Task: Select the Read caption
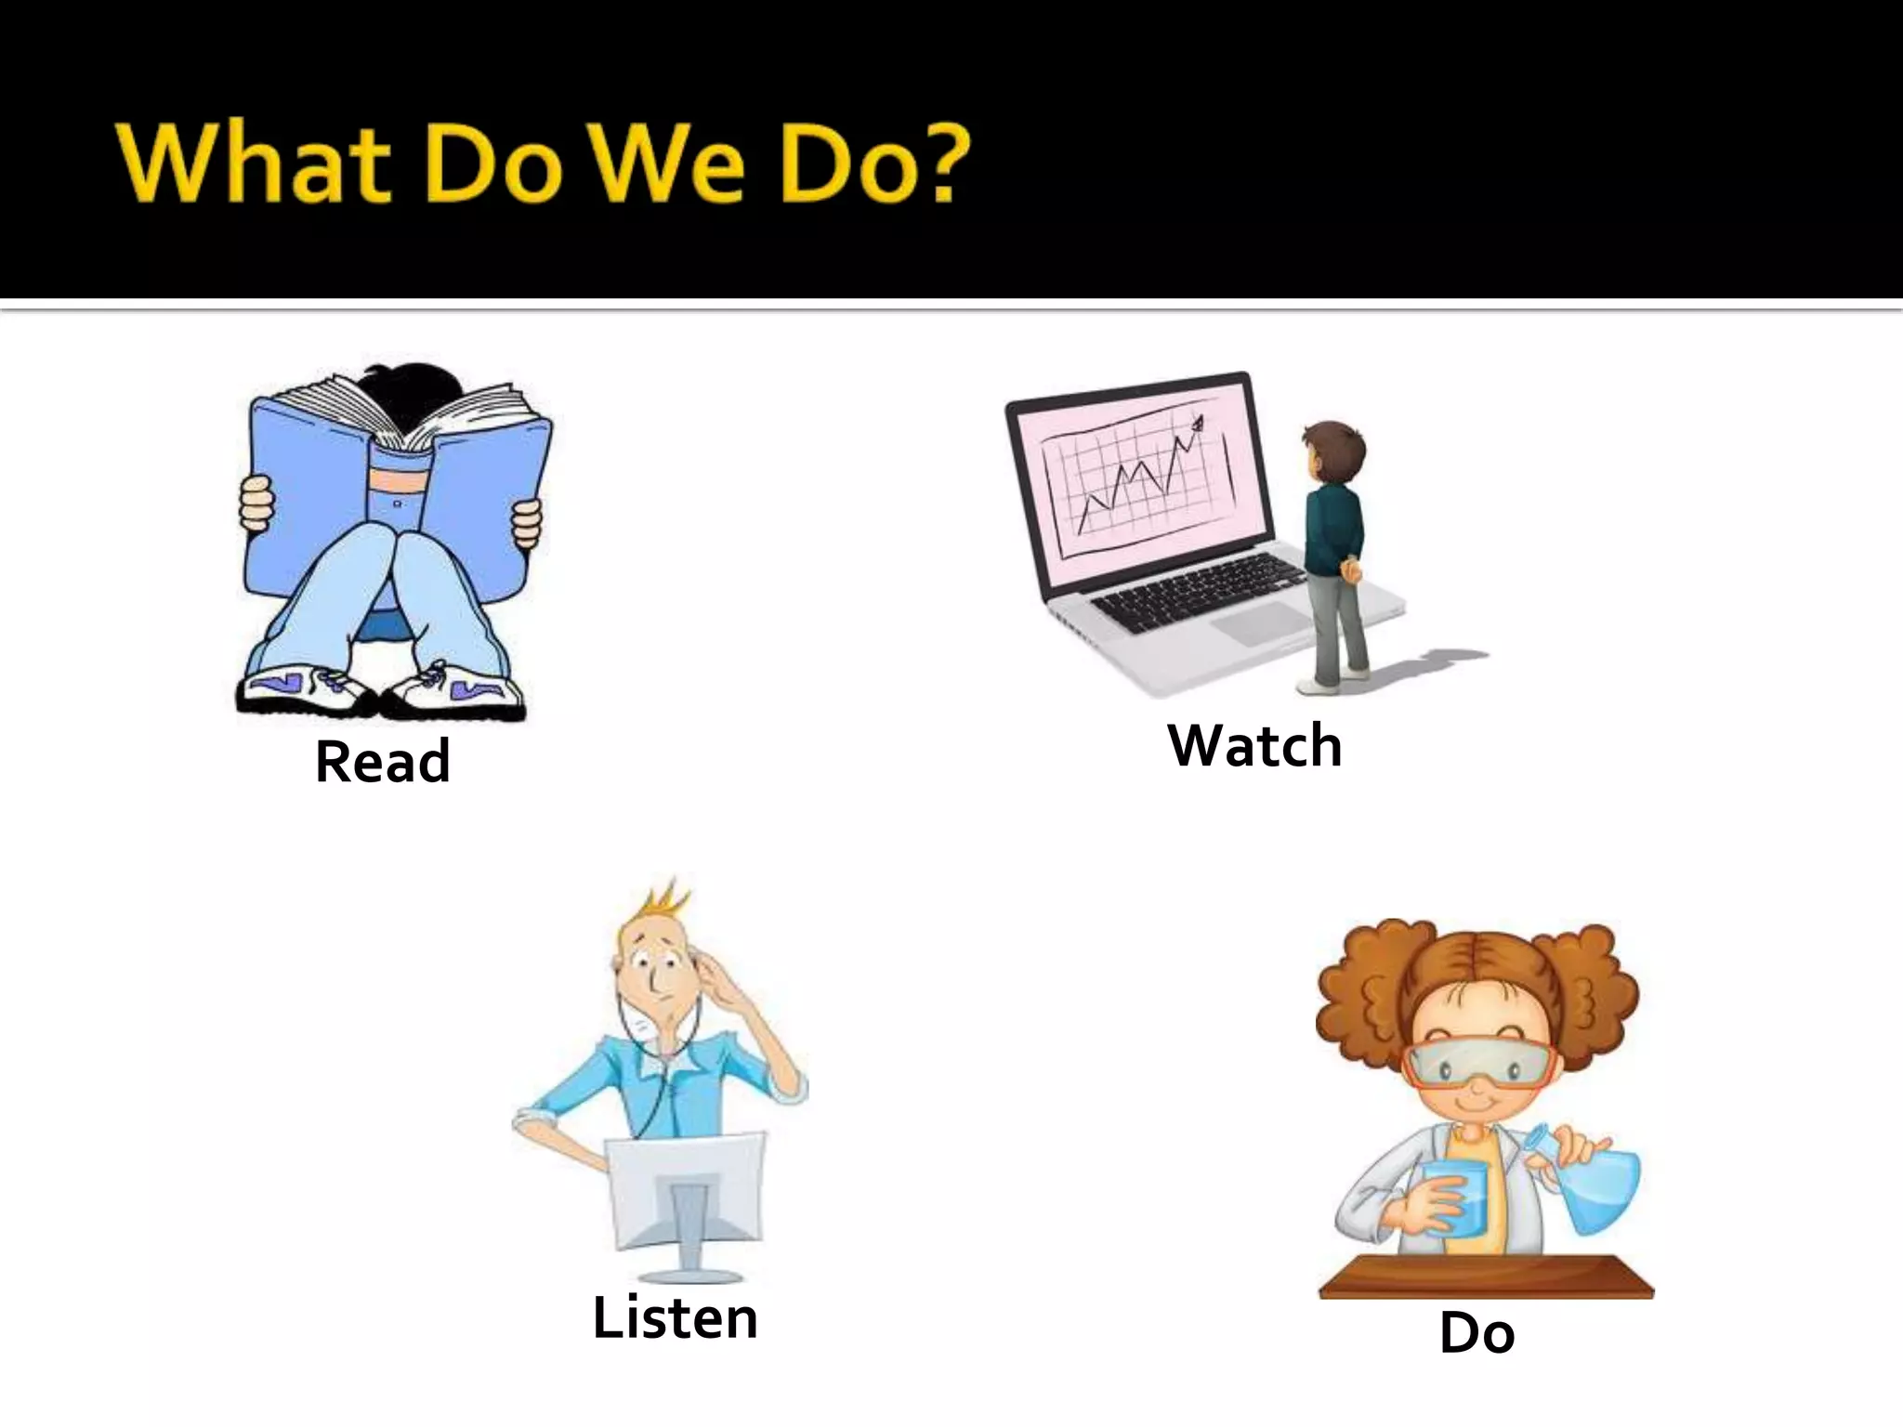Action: click(x=383, y=762)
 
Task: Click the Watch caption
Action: click(x=1255, y=746)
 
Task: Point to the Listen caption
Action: click(x=676, y=1318)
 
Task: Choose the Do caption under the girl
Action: click(x=1476, y=1334)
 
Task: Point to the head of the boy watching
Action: click(x=1334, y=455)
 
